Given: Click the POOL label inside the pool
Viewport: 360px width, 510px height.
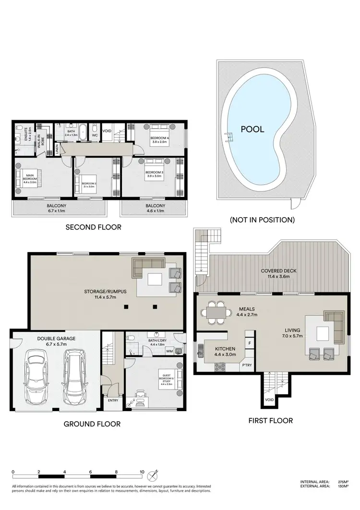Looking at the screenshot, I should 252,129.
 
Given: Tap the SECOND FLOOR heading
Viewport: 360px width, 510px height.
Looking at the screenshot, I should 93,227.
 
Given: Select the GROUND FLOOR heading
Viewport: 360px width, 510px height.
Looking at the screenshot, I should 92,424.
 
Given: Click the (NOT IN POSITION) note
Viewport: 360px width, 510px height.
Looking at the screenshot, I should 262,220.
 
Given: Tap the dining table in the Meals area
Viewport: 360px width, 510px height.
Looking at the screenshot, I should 215,312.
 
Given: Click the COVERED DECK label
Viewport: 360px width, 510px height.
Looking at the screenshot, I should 279,274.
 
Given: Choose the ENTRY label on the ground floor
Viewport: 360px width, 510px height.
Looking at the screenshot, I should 113,400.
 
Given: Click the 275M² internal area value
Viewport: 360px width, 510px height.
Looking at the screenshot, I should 342,482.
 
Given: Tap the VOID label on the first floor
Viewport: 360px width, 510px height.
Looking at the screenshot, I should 269,399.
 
